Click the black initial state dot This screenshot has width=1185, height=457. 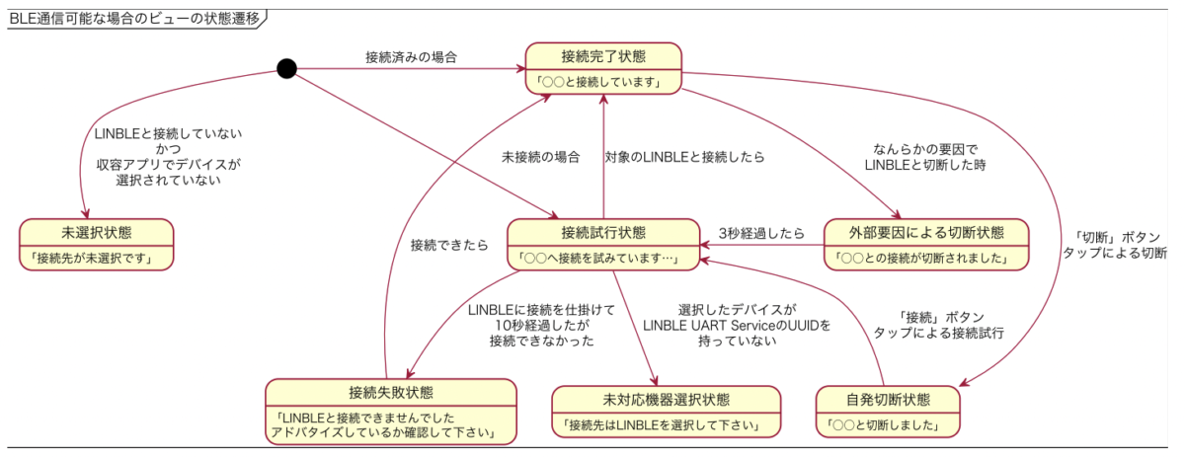click(x=286, y=69)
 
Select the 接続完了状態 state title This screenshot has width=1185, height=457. click(x=603, y=56)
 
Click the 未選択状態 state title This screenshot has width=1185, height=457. click(x=97, y=232)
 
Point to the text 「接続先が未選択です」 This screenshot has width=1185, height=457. click(x=92, y=259)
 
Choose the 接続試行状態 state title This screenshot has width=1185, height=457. click(x=603, y=232)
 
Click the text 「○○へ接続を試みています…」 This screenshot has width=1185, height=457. click(x=597, y=259)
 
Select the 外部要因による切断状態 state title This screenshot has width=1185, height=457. click(x=926, y=232)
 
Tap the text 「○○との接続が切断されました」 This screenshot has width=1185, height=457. click(x=921, y=259)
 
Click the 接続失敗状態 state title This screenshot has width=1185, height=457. click(x=391, y=393)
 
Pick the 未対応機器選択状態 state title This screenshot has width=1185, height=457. click(x=666, y=400)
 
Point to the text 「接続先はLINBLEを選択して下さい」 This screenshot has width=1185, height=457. click(x=661, y=425)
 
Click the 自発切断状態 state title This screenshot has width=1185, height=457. click(x=888, y=400)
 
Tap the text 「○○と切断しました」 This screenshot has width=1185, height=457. click(x=883, y=425)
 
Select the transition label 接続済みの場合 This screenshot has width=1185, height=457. click(x=411, y=57)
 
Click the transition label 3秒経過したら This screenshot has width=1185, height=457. click(x=761, y=233)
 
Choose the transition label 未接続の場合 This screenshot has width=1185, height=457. click(x=541, y=157)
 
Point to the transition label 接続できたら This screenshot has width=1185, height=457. click(x=449, y=245)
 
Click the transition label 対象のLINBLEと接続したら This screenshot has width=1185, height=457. click(x=684, y=157)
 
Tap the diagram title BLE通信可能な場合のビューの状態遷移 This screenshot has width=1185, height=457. click(x=135, y=19)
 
